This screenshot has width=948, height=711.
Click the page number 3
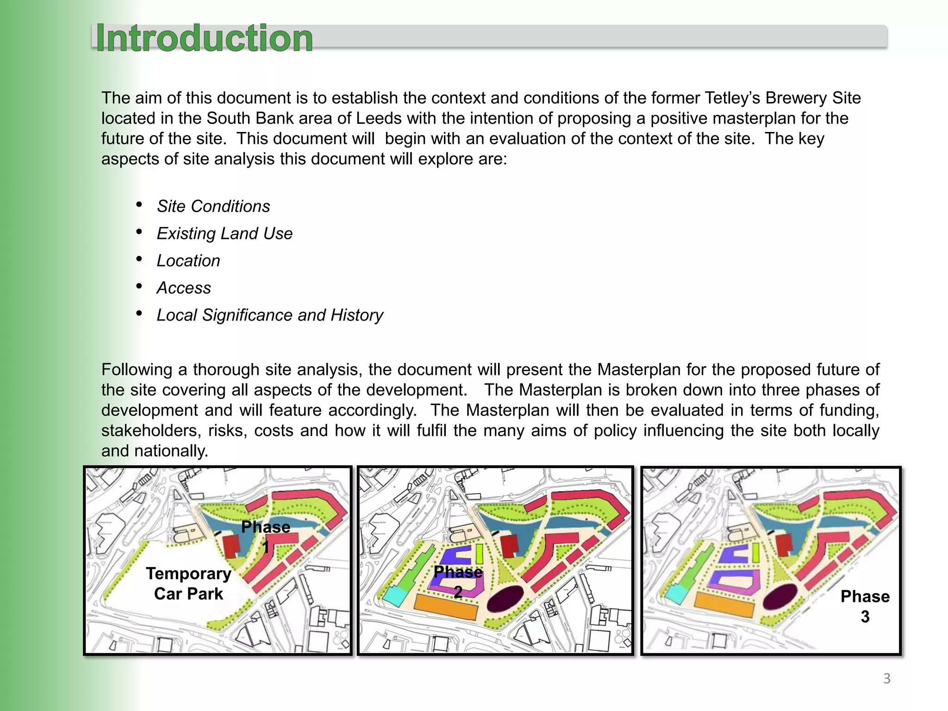(886, 679)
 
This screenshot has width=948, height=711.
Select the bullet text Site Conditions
(213, 206)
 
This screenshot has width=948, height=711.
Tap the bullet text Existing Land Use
(225, 234)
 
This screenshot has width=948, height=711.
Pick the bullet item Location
(188, 261)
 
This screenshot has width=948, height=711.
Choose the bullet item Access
(184, 288)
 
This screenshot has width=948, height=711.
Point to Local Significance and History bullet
(270, 315)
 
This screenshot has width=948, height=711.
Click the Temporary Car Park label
(188, 584)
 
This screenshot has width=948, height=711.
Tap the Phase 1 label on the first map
(266, 536)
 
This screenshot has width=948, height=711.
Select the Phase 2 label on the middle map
(458, 582)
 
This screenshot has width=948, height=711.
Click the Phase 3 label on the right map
(865, 606)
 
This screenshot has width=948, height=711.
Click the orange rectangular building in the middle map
(445, 607)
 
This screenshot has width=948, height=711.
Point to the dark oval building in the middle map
(505, 598)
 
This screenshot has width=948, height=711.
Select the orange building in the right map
(724, 604)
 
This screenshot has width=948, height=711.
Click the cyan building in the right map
(676, 593)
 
